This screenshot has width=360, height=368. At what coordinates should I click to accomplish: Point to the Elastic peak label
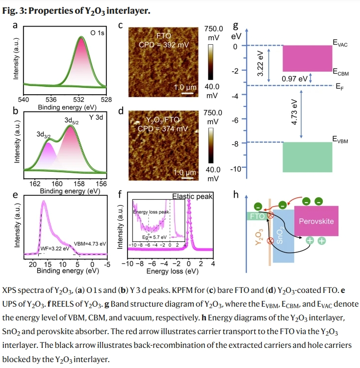click(x=192, y=196)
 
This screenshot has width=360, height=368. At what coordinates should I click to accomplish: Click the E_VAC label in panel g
click(x=340, y=44)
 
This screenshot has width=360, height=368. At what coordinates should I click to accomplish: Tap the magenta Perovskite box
click(x=316, y=221)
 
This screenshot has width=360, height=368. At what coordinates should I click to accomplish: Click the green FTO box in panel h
click(x=257, y=215)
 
